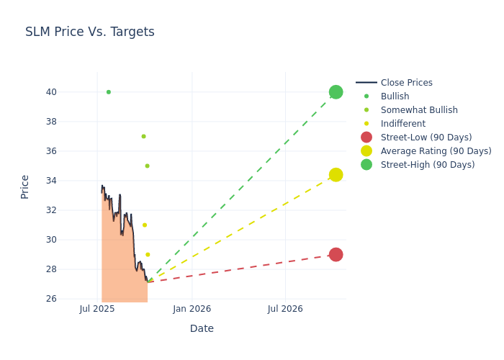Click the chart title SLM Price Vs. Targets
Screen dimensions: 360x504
point(90,32)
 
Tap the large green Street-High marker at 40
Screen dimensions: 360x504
point(336,92)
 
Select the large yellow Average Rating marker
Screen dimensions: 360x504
point(336,175)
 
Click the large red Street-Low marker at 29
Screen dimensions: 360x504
point(336,255)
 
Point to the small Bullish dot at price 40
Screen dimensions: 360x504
point(109,92)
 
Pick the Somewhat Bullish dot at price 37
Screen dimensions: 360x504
point(143,136)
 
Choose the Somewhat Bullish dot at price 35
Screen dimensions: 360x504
point(147,166)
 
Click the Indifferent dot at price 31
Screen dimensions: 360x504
point(145,225)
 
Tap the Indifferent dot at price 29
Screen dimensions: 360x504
point(148,255)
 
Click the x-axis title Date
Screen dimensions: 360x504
point(202,328)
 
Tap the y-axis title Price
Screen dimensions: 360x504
point(25,186)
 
